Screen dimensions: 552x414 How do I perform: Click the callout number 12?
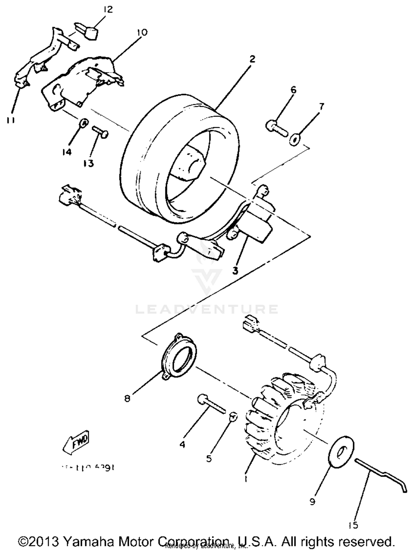pyautogui.click(x=108, y=10)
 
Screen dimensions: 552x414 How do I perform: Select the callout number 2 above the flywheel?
pyautogui.click(x=252, y=59)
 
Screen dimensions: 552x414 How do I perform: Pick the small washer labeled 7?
pyautogui.click(x=294, y=140)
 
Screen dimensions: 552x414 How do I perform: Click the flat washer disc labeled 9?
pyautogui.click(x=342, y=452)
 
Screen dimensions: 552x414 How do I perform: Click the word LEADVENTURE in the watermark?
pyautogui.click(x=206, y=309)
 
